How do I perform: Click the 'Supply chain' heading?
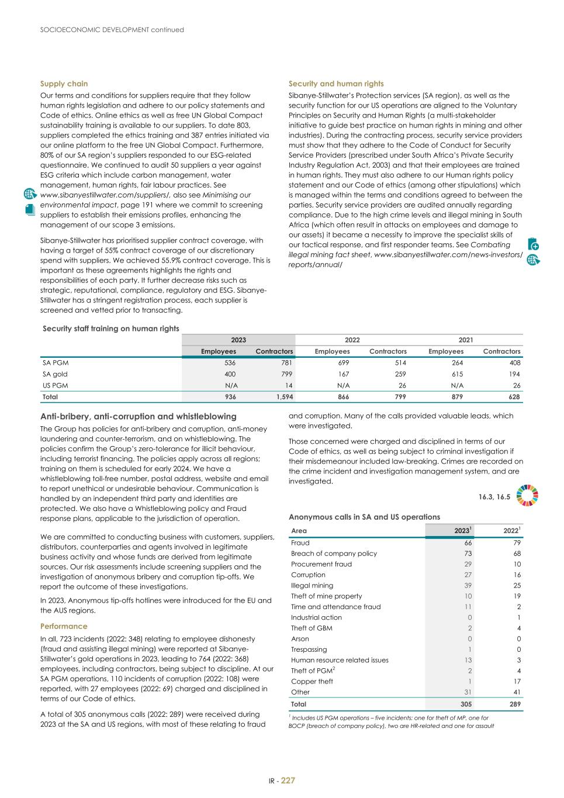click(x=64, y=84)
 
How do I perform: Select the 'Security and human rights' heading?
click(x=336, y=84)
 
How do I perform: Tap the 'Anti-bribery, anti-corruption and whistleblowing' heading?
click(x=138, y=416)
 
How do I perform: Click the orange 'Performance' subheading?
click(x=64, y=626)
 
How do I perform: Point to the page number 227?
click(x=288, y=780)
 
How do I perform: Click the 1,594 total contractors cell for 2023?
click(x=276, y=396)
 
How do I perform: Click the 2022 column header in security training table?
click(x=352, y=340)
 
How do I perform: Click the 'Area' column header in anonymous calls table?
click(x=299, y=531)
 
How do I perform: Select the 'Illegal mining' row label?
click(x=312, y=585)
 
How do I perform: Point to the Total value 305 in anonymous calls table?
click(x=465, y=704)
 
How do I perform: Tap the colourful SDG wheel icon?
click(x=528, y=495)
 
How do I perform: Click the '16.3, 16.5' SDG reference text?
click(x=494, y=497)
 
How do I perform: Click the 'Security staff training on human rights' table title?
click(x=111, y=329)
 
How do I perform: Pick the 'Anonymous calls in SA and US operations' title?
click(x=364, y=517)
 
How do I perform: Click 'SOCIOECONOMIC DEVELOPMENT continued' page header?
click(x=112, y=30)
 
